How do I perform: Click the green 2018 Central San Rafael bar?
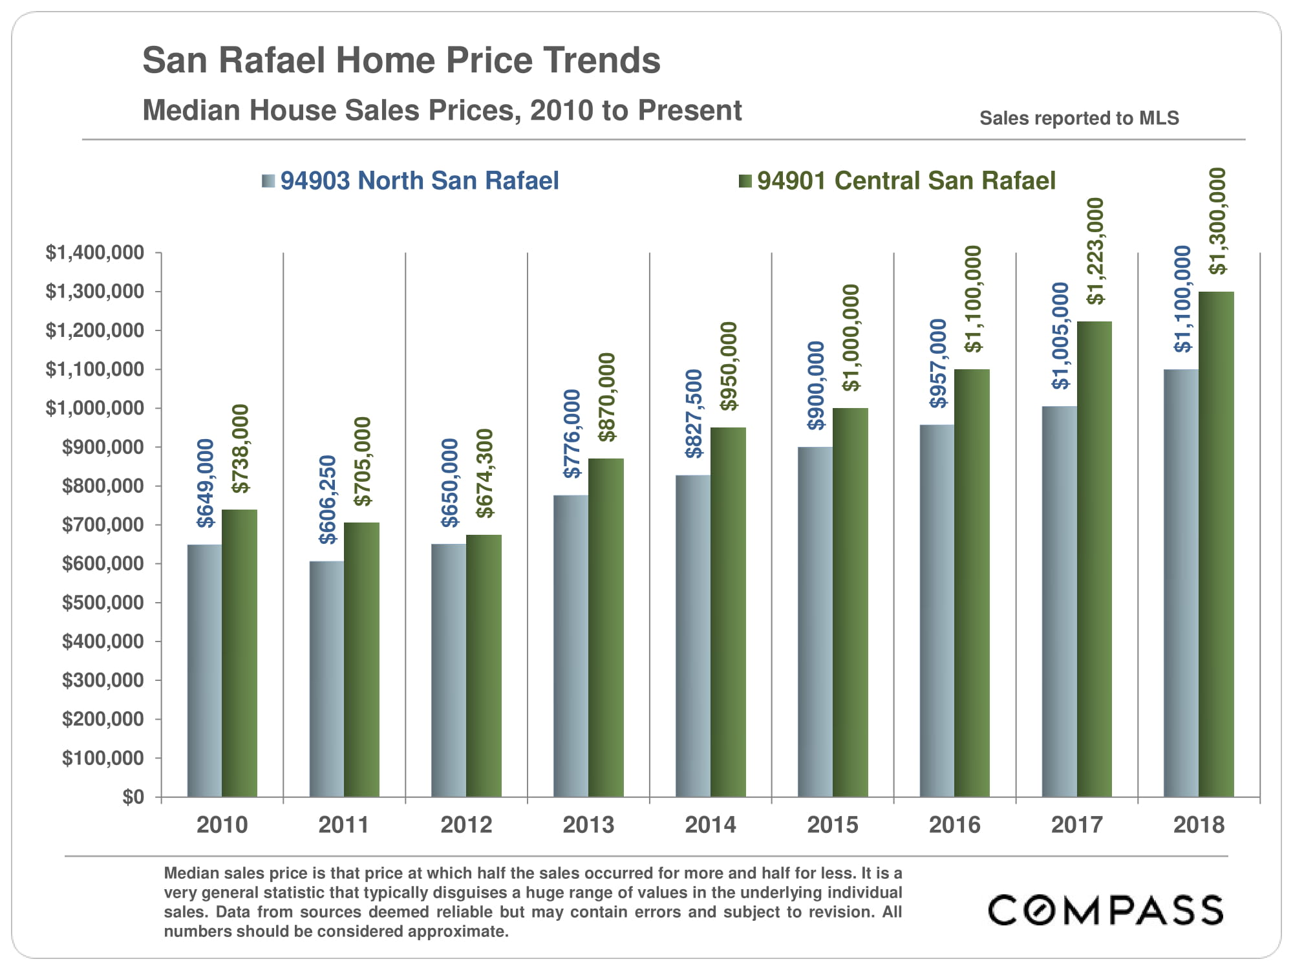1216,544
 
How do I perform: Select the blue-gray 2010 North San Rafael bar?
204,670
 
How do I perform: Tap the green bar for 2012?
484,665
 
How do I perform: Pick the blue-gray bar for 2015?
815,621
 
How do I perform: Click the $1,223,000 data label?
1095,251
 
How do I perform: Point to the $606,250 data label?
328,499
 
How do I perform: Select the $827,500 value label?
694,414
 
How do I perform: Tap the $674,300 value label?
484,473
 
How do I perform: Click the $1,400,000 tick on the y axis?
94,253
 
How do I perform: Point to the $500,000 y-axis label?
103,603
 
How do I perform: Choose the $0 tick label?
133,797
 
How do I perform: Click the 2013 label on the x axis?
588,825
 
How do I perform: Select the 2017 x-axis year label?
1076,825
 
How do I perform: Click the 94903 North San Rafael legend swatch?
268,181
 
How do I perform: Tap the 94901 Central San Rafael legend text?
906,181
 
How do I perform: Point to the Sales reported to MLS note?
1079,118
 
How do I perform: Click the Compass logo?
1106,910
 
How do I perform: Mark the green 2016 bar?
972,583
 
